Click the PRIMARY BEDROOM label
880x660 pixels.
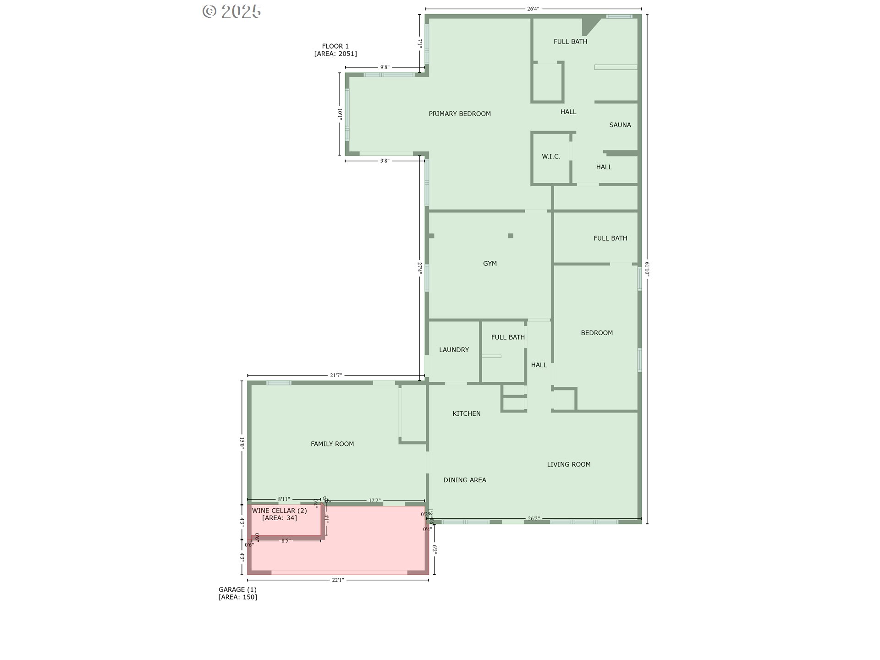[x=459, y=114]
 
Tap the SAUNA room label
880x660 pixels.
[x=620, y=125]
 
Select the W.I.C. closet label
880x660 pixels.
[x=551, y=156]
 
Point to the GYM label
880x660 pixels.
[x=489, y=264]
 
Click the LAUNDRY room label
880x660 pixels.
[x=454, y=350]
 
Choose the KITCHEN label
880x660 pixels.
[x=466, y=413]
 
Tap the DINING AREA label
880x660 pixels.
[x=464, y=480]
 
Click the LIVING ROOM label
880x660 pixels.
[x=568, y=464]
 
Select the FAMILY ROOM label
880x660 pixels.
[x=332, y=444]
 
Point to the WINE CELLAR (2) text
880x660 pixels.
[x=279, y=511]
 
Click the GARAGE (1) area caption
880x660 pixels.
[x=237, y=593]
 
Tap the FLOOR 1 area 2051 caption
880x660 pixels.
[x=335, y=49]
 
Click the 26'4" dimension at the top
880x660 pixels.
[x=533, y=8]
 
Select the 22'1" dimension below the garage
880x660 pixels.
[x=337, y=580]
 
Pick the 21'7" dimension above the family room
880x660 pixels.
[x=335, y=375]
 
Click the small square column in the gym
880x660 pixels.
[x=510, y=236]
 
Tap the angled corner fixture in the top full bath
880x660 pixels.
[x=589, y=26]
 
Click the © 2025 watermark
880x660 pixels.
[x=232, y=11]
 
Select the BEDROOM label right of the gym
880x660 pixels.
[x=596, y=333]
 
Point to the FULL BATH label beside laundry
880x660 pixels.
[x=507, y=337]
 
